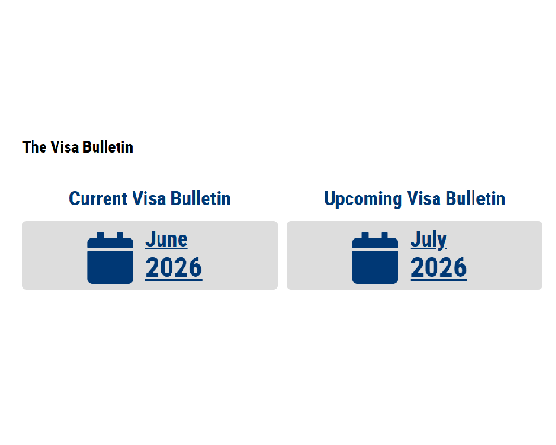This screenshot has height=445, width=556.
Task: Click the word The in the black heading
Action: point(34,147)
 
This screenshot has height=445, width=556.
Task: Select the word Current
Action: point(98,198)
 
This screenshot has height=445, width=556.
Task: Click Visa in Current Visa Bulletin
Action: point(149,198)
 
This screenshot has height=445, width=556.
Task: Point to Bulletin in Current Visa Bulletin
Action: point(201,198)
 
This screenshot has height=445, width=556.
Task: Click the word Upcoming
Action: point(363,199)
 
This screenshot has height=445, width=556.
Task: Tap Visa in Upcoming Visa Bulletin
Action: point(423,198)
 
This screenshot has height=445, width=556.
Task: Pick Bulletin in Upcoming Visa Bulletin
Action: point(475,198)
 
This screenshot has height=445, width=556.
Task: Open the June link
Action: point(167,239)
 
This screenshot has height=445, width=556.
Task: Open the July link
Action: point(428,240)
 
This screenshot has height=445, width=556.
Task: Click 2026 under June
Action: point(174,268)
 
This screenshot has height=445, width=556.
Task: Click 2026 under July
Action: point(438,268)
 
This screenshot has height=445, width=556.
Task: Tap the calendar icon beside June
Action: point(110,258)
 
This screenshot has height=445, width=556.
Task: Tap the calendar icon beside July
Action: point(374,258)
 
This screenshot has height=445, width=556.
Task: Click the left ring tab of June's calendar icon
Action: point(100,235)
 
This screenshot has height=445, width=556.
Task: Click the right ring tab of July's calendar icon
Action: point(385,235)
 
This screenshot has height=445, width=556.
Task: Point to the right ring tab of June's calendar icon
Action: point(120,235)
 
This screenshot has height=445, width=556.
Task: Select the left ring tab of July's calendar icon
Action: point(365,235)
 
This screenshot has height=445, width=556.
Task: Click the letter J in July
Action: point(415,239)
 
